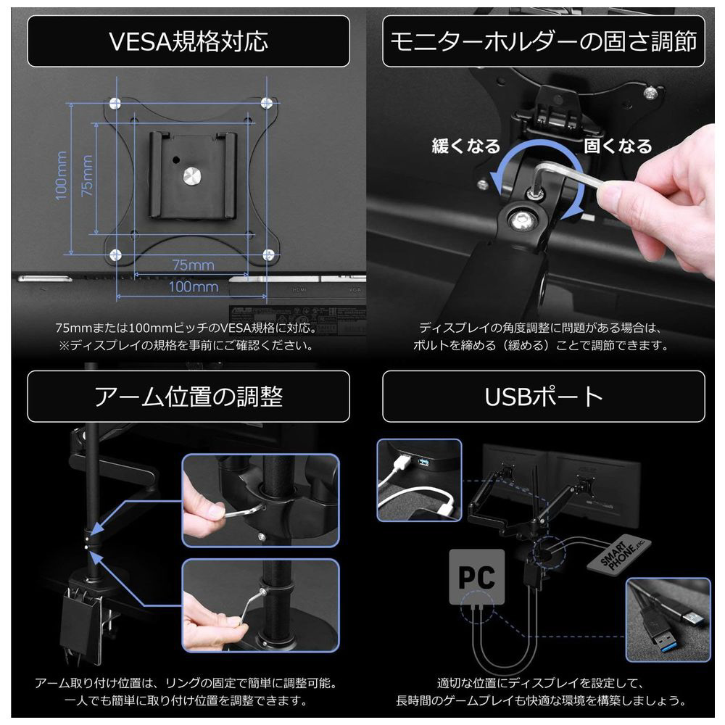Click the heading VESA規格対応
188,41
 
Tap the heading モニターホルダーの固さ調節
544,41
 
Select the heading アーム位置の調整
188,397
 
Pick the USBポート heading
544,397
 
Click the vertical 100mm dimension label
61,175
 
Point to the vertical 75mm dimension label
86,175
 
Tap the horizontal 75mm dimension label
194,265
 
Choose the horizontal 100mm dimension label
194,286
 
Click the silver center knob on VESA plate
192,175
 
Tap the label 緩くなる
466,146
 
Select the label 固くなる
618,146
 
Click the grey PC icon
477,576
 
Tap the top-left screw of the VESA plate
115,104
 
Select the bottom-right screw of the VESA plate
268,254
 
